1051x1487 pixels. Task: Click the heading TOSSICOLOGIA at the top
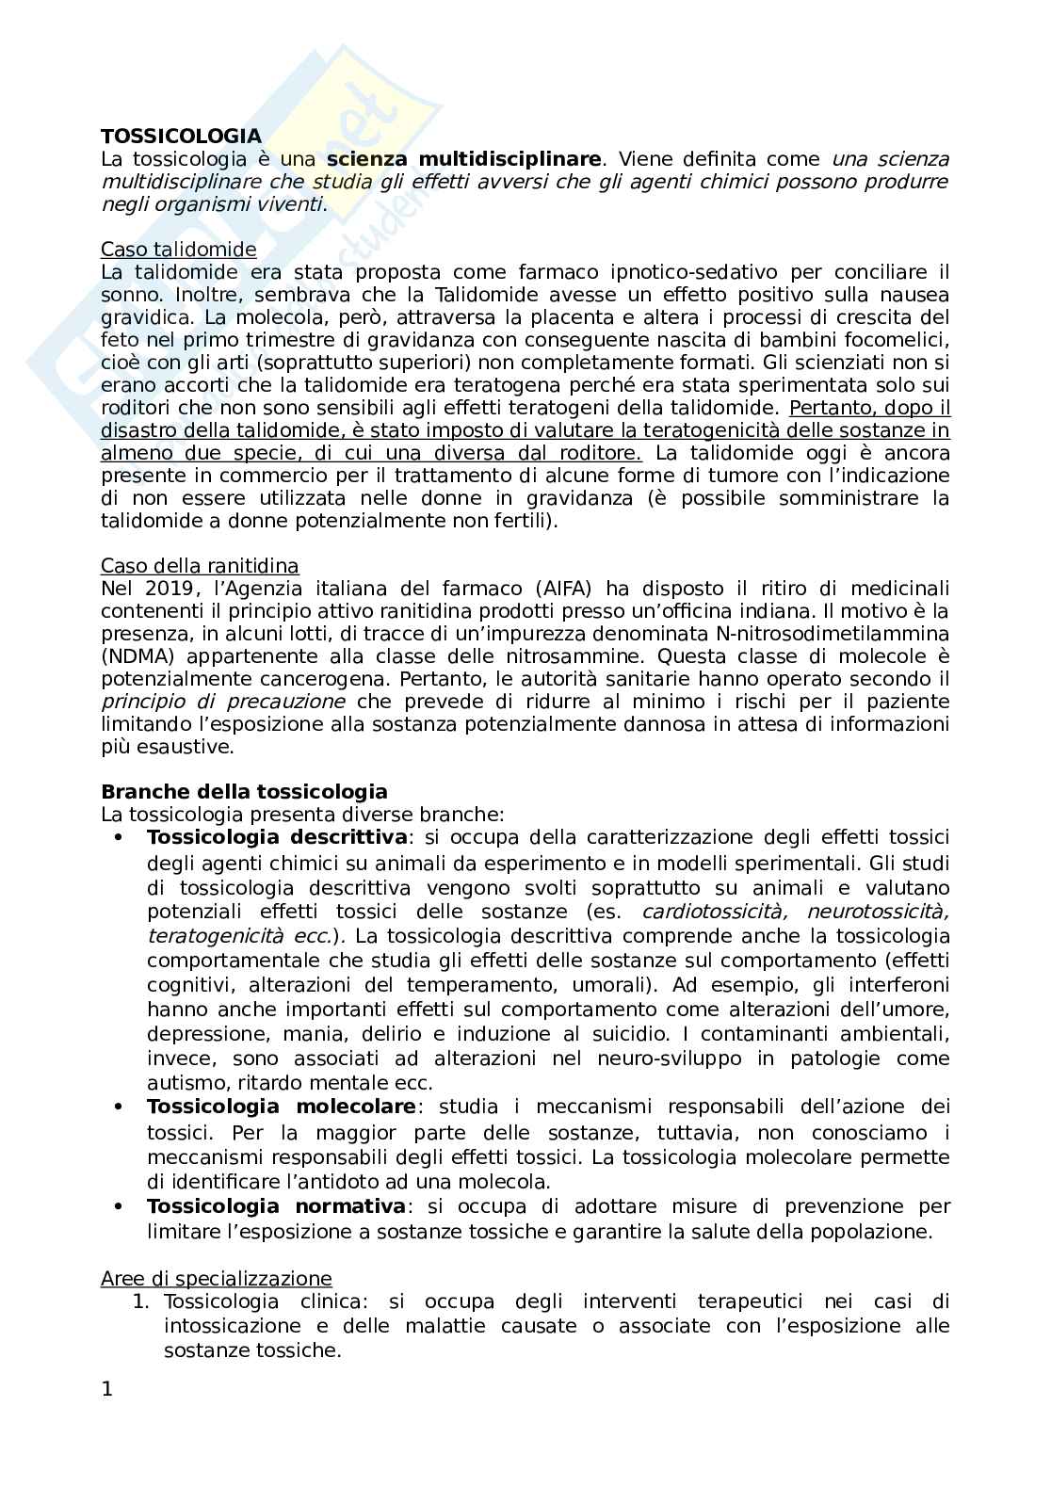point(181,137)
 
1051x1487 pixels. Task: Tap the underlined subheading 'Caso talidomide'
point(178,250)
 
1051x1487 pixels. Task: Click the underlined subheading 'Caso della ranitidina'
point(200,566)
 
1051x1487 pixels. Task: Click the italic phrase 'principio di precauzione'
point(223,702)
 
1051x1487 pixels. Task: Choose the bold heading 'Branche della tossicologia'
point(244,791)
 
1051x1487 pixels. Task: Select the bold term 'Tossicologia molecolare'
point(281,1107)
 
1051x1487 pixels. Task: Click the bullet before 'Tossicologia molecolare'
point(118,1107)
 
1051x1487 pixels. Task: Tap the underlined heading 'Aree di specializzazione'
point(216,1279)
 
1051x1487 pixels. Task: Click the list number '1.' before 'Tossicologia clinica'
point(141,1302)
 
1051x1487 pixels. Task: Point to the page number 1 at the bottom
point(106,1389)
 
